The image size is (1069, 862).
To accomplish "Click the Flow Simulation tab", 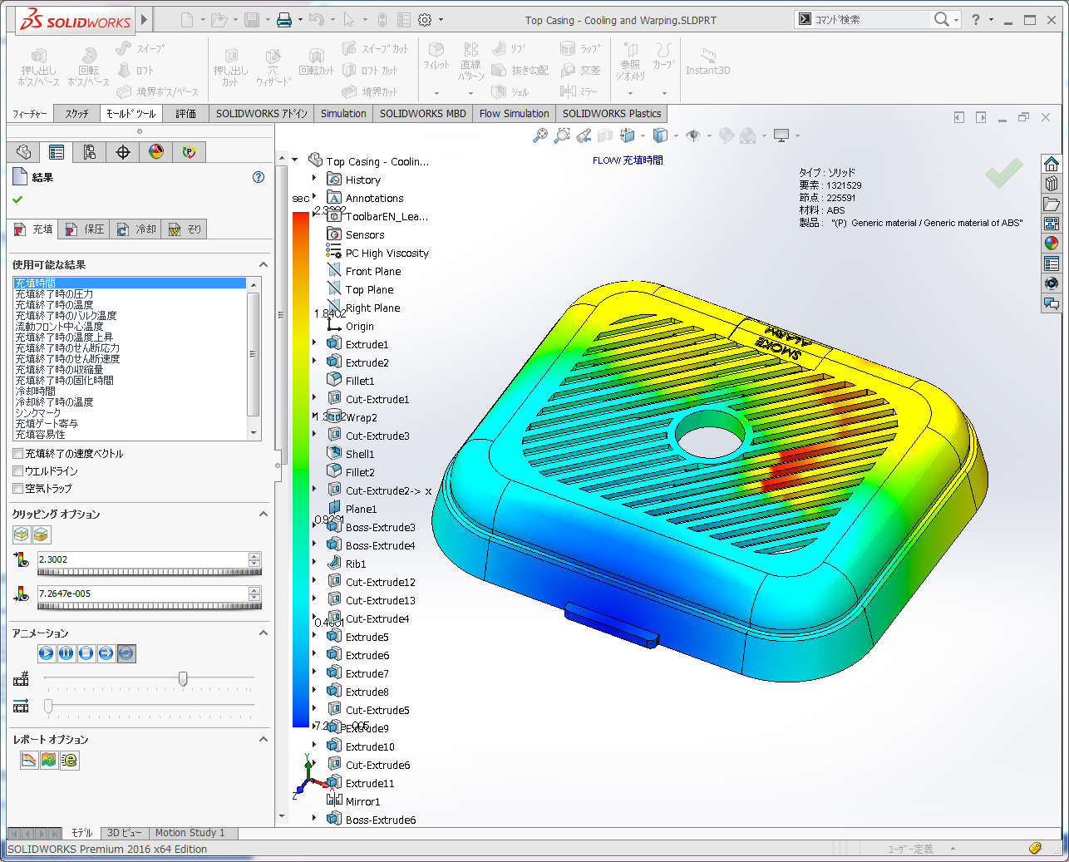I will pyautogui.click(x=514, y=114).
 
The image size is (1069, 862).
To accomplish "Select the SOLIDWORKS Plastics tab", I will pyautogui.click(x=611, y=114).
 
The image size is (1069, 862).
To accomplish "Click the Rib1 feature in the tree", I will pyautogui.click(x=356, y=564).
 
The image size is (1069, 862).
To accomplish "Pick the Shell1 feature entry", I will pyautogui.click(x=360, y=454).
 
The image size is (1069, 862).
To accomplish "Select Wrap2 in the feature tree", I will pyautogui.click(x=361, y=417).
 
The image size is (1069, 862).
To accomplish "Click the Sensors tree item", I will pyautogui.click(x=365, y=234).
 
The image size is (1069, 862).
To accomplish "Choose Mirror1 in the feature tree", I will pyautogui.click(x=362, y=801).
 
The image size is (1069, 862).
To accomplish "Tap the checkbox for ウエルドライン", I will pyautogui.click(x=18, y=471).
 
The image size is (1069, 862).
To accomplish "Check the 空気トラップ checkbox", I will pyautogui.click(x=18, y=489).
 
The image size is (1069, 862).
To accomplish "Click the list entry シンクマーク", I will pyautogui.click(x=37, y=413).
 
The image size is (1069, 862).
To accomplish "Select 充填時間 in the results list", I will pyautogui.click(x=36, y=283).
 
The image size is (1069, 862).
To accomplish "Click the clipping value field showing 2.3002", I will pyautogui.click(x=141, y=559).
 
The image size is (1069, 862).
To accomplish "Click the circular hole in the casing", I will pyautogui.click(x=710, y=432).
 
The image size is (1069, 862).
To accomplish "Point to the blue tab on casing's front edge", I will pyautogui.click(x=611, y=625).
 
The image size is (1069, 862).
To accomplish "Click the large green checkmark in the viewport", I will pyautogui.click(x=1004, y=173).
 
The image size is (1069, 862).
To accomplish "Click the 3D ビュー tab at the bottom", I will pyautogui.click(x=124, y=833).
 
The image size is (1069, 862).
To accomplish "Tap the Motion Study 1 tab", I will pyautogui.click(x=190, y=833).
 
